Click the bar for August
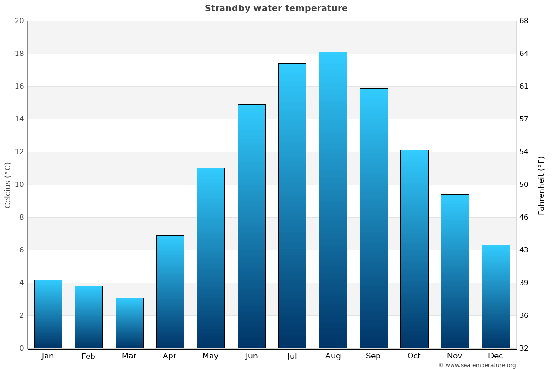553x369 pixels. (x=333, y=200)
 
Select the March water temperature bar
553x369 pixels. (x=129, y=323)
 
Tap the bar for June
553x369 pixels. (x=252, y=226)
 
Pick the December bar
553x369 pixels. (x=496, y=297)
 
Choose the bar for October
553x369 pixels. (x=414, y=249)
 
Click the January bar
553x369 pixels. (x=48, y=314)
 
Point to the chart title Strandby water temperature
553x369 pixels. (x=276, y=8)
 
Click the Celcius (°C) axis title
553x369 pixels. (x=7, y=185)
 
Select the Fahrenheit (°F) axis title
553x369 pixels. (x=541, y=185)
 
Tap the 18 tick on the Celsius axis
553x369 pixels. (x=19, y=54)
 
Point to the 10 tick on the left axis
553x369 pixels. (x=19, y=184)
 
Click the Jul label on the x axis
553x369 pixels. (x=292, y=356)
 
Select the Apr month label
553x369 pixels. (x=170, y=356)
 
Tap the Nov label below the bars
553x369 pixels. (x=454, y=356)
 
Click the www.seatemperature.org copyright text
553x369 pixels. (x=477, y=365)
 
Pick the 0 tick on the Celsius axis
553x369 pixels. (x=21, y=348)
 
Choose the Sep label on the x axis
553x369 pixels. (x=373, y=356)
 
